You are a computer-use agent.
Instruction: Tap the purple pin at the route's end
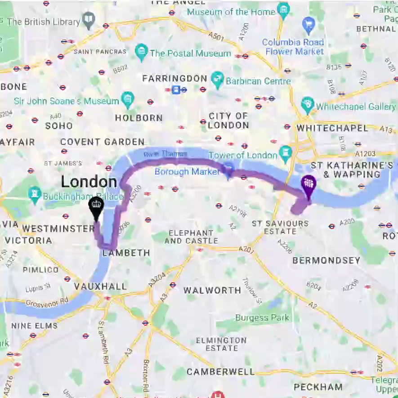click(308, 184)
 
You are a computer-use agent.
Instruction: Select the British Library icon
click(89, 21)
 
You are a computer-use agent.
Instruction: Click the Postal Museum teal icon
click(142, 53)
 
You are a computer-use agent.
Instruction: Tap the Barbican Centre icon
click(218, 80)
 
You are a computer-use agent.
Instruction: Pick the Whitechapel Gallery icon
click(308, 106)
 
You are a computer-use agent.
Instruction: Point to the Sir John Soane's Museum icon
click(128, 100)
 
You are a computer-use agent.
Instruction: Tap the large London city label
click(89, 182)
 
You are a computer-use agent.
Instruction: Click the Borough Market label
click(187, 172)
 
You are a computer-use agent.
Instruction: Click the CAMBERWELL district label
click(220, 372)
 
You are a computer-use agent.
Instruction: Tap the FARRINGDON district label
click(174, 79)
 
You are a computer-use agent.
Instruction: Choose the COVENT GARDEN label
click(103, 142)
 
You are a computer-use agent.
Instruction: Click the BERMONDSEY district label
click(326, 260)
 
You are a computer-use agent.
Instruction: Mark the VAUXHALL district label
click(100, 286)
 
